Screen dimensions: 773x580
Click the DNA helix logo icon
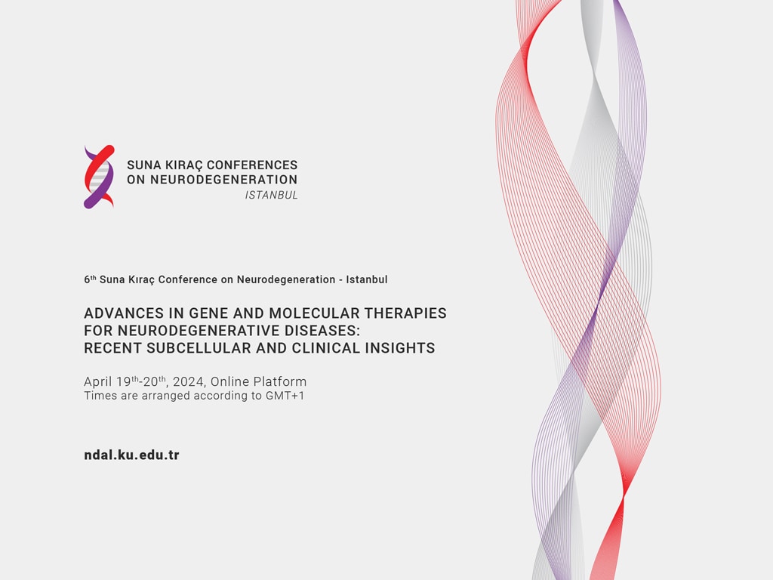coord(99,177)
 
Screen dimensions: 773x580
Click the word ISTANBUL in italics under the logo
coord(272,196)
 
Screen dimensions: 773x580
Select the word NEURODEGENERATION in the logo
coord(223,180)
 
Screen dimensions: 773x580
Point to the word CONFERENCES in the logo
coord(252,165)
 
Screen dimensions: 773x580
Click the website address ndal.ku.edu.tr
coord(131,455)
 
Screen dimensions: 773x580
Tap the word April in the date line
coord(98,382)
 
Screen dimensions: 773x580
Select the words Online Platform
coord(258,381)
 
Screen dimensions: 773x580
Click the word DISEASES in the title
coord(322,331)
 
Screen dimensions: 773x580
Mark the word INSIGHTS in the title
coord(400,348)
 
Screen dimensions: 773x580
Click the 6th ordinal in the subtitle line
coord(90,279)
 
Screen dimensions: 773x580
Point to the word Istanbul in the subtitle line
coord(367,279)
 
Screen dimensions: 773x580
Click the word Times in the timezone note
coord(97,396)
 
